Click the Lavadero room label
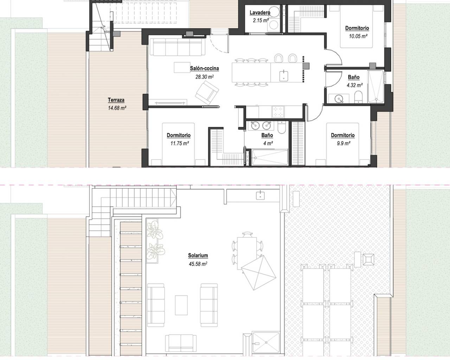coord(260,13)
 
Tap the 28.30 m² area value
coord(205,77)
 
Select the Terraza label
coord(116,100)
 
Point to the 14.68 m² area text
coord(117,108)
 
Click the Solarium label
coord(198,255)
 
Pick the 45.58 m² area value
coord(198,264)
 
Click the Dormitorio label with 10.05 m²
coord(357,28)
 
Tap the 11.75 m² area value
coord(180,143)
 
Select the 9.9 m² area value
coord(343,143)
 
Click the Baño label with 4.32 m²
coord(354,77)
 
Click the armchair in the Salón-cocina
coord(207,93)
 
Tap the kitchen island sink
coord(284,76)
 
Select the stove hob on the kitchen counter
coord(278,112)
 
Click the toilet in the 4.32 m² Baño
coord(358,97)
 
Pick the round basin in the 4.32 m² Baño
coord(339,98)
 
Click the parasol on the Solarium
coord(259,272)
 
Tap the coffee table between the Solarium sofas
coord(181,305)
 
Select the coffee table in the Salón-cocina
coord(182,67)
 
